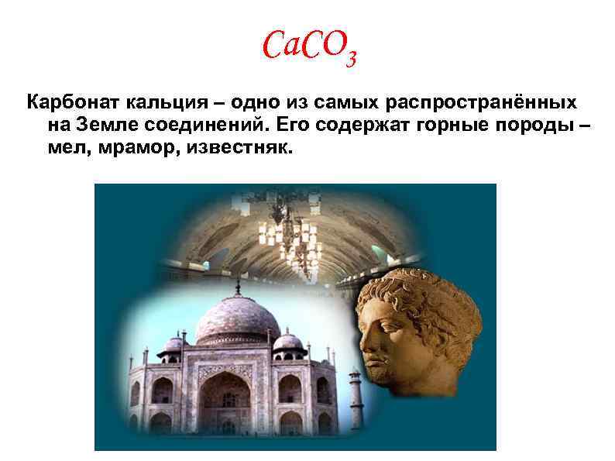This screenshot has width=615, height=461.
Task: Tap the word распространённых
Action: pyautogui.click(x=480, y=103)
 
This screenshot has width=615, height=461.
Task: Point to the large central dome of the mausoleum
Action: pyautogui.click(x=236, y=319)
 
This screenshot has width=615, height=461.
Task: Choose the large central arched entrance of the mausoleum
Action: pyautogui.click(x=224, y=400)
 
